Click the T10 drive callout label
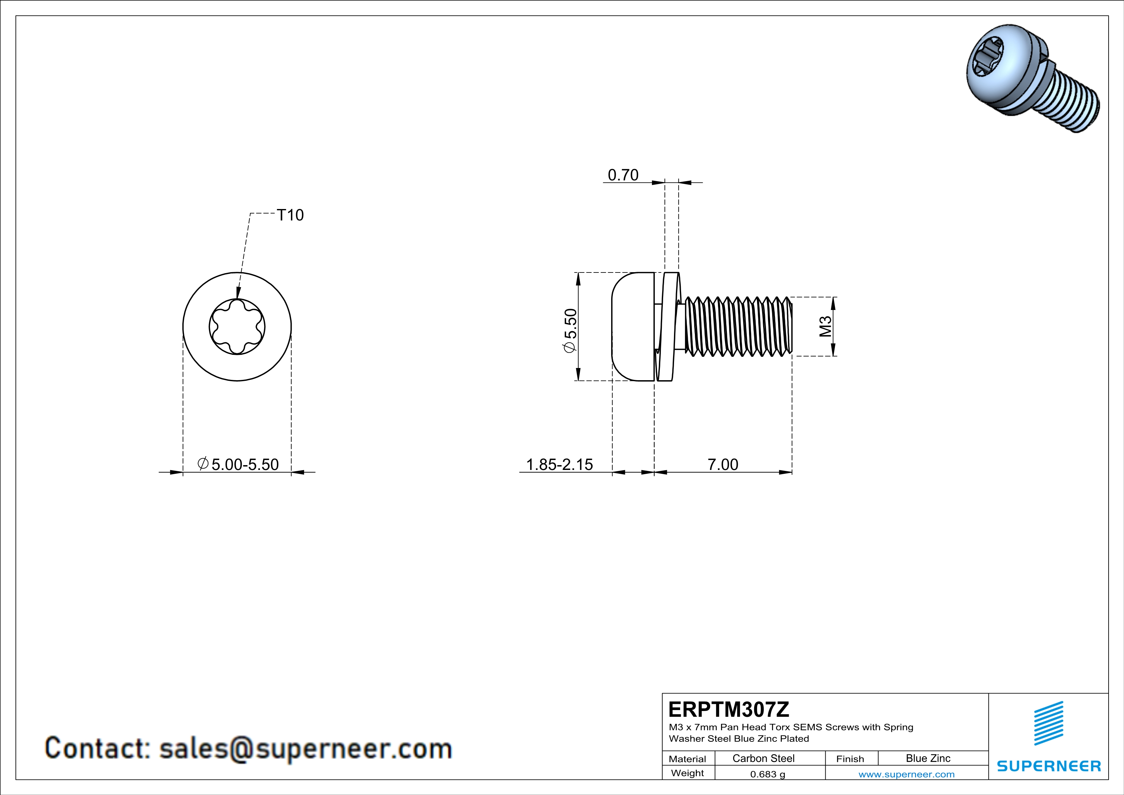pos(290,215)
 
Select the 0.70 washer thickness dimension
pos(623,175)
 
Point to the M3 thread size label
pos(825,327)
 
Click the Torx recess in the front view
pos(237,327)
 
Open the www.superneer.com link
pos(906,774)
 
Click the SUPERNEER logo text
pos(1049,766)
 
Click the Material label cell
pos(687,759)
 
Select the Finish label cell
pos(850,759)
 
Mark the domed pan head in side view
pos(632,327)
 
